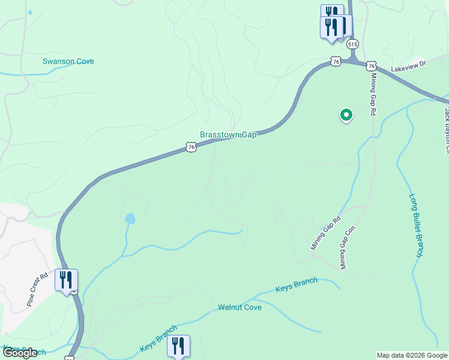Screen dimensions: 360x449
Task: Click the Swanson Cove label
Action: (x=68, y=61)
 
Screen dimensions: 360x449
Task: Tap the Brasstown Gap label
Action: (x=228, y=135)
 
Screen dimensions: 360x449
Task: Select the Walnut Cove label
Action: (x=240, y=307)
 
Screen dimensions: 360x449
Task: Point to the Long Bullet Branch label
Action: (x=417, y=226)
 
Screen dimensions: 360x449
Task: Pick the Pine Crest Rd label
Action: (x=37, y=290)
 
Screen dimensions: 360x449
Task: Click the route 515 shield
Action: (x=352, y=44)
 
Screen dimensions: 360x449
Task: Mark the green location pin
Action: (x=346, y=114)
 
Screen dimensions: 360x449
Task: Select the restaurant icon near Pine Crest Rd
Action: (x=66, y=280)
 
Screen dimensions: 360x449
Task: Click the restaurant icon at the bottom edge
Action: (x=178, y=346)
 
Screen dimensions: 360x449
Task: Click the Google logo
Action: (x=20, y=353)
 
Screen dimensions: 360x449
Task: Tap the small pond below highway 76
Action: (x=130, y=218)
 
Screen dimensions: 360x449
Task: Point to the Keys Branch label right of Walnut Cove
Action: (x=296, y=285)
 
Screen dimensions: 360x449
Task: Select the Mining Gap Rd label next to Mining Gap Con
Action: (x=325, y=233)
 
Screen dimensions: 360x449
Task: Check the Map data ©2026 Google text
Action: (x=412, y=355)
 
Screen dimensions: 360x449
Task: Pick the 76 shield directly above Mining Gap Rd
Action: (x=371, y=65)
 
